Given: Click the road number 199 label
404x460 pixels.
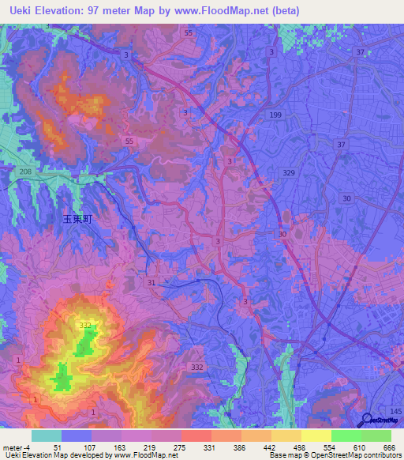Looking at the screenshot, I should (275, 115).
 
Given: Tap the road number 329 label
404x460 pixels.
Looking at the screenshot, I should (289, 172).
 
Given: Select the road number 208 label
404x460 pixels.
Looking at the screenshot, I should (24, 172).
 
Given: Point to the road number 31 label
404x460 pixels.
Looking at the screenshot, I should (151, 282).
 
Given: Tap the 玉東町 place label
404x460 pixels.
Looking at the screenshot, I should (77, 220).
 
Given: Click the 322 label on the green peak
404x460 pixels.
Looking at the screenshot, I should (85, 325).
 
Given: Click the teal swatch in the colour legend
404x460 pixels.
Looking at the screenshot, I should (46, 435).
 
